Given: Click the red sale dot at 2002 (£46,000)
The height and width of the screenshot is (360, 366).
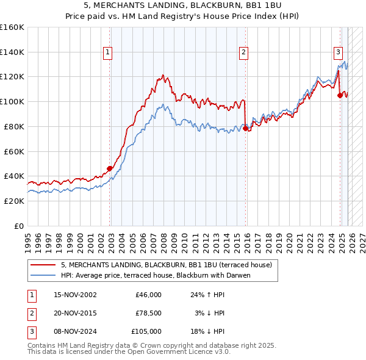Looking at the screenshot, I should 110,168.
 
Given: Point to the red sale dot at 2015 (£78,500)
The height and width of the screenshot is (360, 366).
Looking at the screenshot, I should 245,128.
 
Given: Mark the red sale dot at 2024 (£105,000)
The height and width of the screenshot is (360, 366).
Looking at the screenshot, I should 340,95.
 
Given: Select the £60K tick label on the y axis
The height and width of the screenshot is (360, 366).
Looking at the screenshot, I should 14,151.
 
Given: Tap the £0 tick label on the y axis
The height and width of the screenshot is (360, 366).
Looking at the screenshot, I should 19,226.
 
